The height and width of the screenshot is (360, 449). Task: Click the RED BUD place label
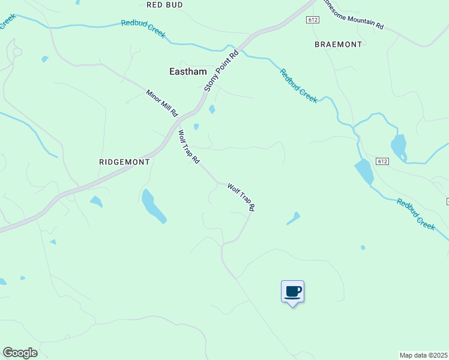[x=164, y=4]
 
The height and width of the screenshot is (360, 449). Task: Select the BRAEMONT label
[x=339, y=44]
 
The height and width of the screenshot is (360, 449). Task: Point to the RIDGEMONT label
[x=123, y=162]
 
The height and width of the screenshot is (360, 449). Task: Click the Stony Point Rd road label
[x=221, y=70]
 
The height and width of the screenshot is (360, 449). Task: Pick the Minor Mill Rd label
[x=162, y=103]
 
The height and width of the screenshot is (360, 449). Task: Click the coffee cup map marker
[x=292, y=292]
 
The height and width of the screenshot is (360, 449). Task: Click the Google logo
[x=20, y=353]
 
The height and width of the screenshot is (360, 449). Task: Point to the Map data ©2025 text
[x=424, y=355]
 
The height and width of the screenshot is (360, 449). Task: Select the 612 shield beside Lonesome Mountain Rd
[x=312, y=20]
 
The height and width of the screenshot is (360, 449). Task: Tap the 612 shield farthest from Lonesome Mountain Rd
[x=384, y=161]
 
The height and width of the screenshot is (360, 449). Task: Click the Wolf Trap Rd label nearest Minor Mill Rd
[x=188, y=148]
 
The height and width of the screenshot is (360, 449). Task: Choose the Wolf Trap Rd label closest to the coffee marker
[x=241, y=197]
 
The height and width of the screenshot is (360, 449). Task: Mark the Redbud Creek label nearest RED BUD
[x=143, y=29]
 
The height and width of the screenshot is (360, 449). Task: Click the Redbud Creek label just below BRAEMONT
[x=298, y=86]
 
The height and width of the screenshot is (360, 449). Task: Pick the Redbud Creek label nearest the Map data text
[x=415, y=214]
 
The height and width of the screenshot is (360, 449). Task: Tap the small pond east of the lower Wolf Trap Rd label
[x=293, y=218]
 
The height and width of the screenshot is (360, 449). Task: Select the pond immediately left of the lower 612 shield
[x=364, y=172]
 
